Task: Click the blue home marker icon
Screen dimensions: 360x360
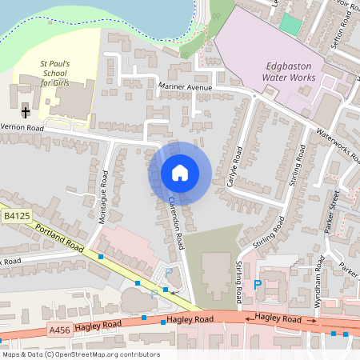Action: click(180, 173)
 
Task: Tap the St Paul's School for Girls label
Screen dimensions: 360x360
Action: click(55, 73)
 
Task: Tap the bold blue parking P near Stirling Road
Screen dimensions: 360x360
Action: click(257, 284)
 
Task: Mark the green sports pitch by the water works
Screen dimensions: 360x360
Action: click(291, 24)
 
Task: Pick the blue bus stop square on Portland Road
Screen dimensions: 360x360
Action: click(101, 256)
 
